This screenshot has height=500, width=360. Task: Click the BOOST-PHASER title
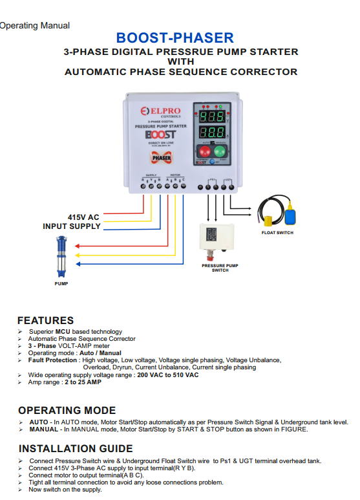175,38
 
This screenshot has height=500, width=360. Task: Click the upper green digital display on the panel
211,117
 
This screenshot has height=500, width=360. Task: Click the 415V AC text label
83,217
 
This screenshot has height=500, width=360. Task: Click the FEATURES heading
45,320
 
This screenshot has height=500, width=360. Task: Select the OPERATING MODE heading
67,410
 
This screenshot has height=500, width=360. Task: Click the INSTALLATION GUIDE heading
76,448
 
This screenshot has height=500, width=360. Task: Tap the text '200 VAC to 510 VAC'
166,375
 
